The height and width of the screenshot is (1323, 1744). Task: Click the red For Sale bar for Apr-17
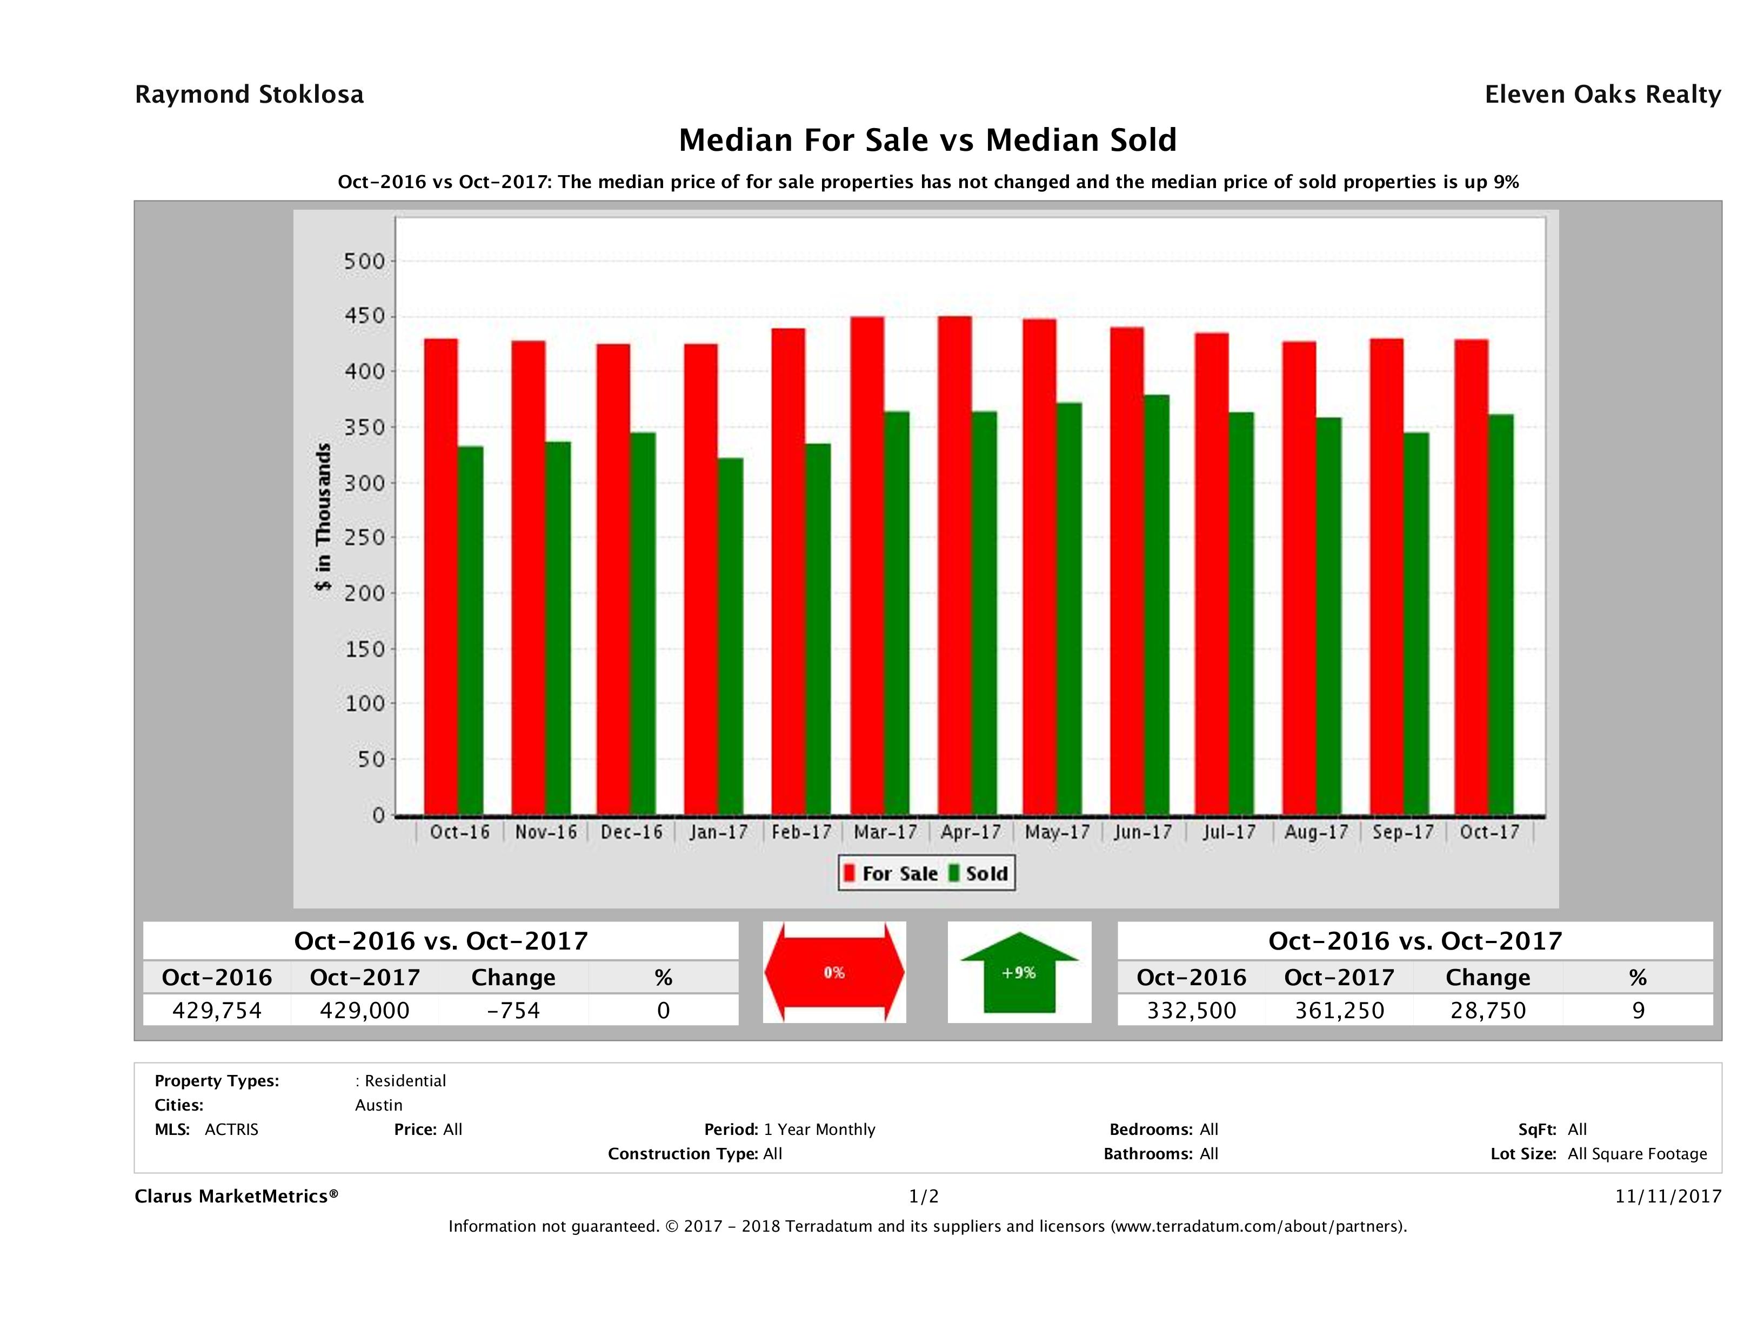click(954, 566)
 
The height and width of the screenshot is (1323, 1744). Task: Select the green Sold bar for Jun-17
click(1157, 605)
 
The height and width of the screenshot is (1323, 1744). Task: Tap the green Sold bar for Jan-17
click(730, 636)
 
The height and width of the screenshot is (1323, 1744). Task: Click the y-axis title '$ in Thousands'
click(323, 517)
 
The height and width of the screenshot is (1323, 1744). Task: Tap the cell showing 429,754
click(217, 1010)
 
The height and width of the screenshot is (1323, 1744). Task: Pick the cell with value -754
click(513, 1010)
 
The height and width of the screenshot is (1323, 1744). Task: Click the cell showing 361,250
click(1340, 1010)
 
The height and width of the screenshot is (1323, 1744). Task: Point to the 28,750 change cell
click(1488, 1010)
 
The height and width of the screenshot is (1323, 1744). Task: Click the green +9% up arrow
click(1019, 972)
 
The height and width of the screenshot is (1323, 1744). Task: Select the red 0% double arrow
click(834, 972)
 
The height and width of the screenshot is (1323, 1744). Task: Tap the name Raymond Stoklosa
click(249, 95)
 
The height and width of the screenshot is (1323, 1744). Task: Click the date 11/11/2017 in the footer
click(1667, 1196)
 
